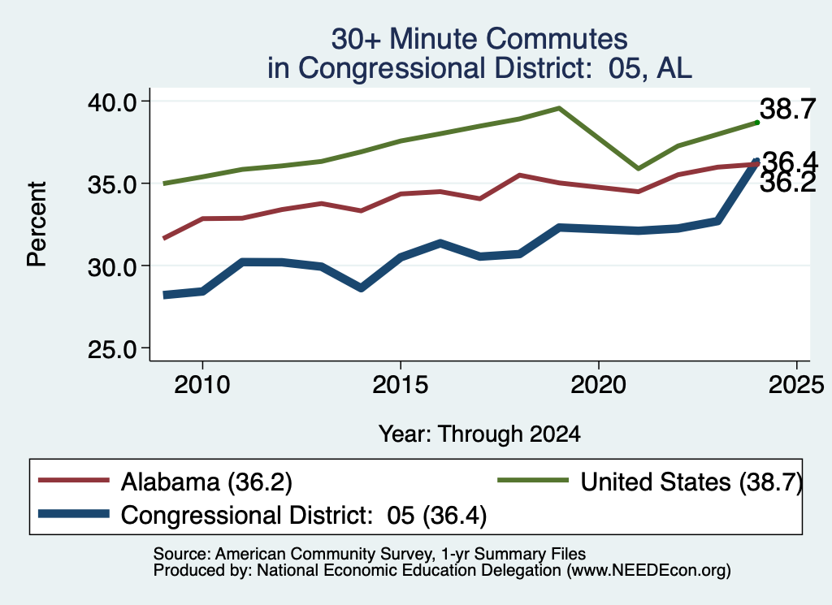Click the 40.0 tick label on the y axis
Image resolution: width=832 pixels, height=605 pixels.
[x=112, y=102]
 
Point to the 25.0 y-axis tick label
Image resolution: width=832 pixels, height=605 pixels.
[x=112, y=349]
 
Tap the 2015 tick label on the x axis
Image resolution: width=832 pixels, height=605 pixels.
[x=400, y=384]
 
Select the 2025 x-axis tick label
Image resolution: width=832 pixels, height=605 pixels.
[x=796, y=384]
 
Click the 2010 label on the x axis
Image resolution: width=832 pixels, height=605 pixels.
[x=202, y=384]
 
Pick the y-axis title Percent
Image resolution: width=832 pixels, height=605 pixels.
[x=37, y=224]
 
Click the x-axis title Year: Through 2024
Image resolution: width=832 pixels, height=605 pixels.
[x=479, y=434]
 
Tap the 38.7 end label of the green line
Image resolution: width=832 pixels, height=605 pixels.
[x=788, y=110]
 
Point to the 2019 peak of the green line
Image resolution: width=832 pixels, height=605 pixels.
[x=559, y=108]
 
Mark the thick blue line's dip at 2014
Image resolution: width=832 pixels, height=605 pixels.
[x=361, y=288]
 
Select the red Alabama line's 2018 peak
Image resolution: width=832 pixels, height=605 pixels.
[x=519, y=175]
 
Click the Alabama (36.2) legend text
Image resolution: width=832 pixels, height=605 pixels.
[x=206, y=482]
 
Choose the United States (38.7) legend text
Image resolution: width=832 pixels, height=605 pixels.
[x=691, y=482]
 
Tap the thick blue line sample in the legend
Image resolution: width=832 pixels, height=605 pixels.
[x=74, y=514]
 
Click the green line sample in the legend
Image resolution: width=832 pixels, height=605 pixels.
[x=533, y=481]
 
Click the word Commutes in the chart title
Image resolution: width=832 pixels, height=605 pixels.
[x=557, y=39]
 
